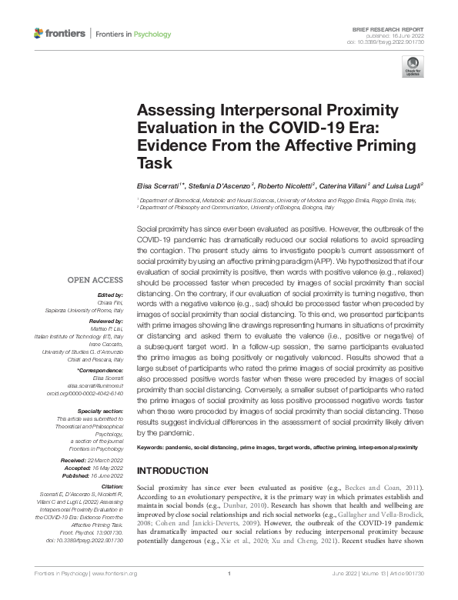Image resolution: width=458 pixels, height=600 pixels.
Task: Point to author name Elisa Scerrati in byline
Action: pos(159,187)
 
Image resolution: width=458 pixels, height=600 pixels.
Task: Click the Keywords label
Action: pos(153,447)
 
